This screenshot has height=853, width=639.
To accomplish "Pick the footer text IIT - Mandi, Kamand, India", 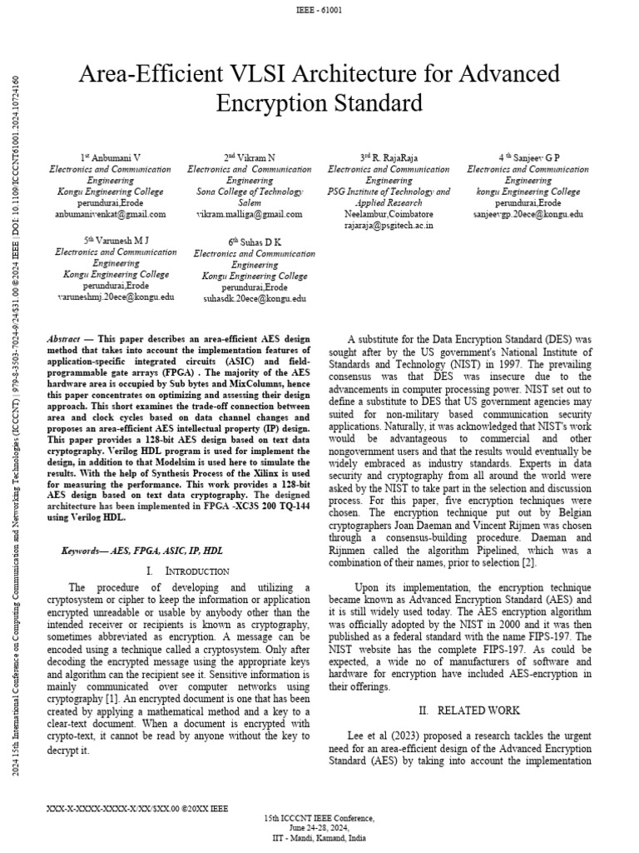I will [x=319, y=837].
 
